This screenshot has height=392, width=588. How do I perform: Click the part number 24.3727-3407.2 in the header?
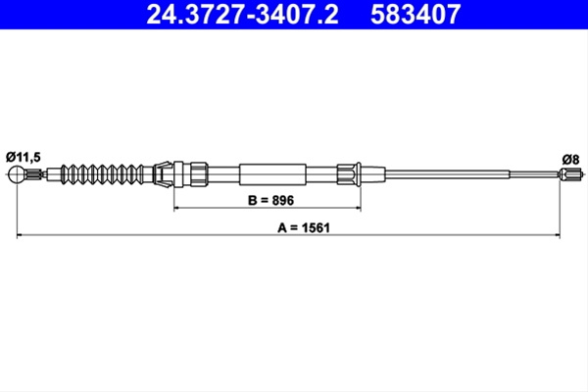tap(242, 15)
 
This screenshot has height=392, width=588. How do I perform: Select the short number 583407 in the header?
tap(416, 15)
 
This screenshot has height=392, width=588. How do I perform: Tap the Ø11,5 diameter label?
tap(24, 157)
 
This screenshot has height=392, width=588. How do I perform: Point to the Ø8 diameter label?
tap(570, 160)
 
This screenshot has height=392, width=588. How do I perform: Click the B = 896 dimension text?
tap(270, 200)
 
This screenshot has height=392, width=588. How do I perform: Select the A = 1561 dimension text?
tap(304, 227)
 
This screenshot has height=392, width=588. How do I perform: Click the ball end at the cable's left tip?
tap(18, 174)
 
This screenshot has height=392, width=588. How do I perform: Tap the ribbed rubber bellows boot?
tap(102, 174)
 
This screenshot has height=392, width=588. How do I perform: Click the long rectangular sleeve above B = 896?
tap(272, 174)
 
